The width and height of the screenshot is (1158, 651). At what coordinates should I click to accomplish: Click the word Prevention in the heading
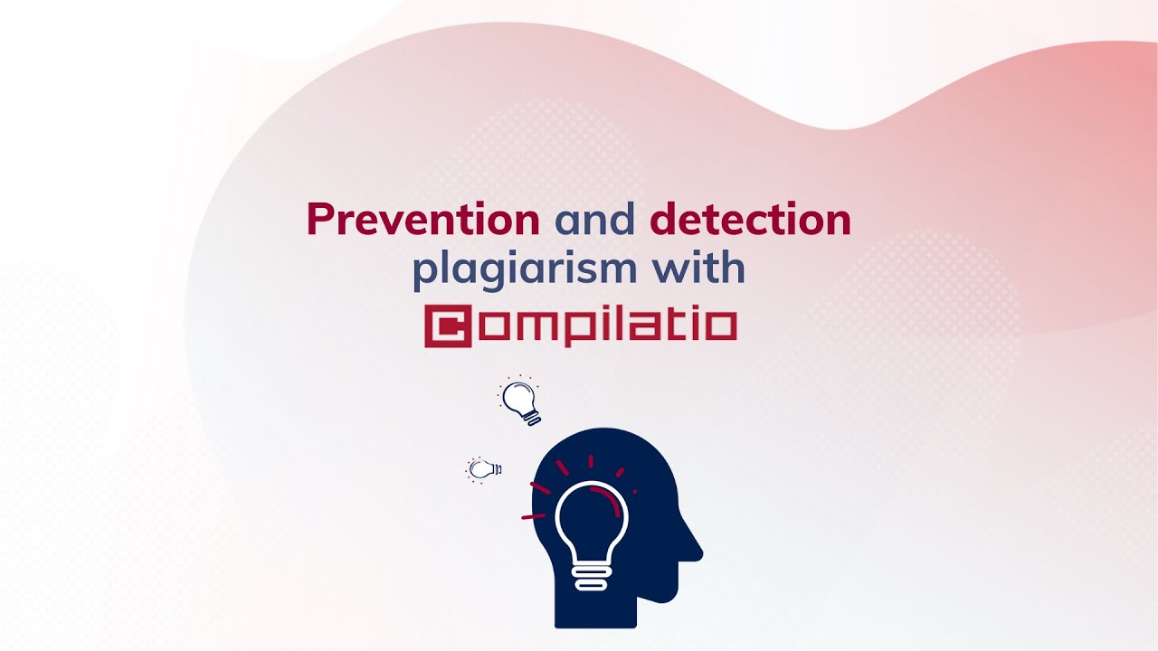[422, 220]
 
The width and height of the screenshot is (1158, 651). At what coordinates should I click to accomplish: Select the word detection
[750, 220]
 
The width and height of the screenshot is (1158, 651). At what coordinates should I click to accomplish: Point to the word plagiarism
[509, 270]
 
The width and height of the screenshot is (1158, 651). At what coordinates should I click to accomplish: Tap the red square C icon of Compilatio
[449, 326]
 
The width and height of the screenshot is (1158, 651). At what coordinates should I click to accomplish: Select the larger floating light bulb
[522, 401]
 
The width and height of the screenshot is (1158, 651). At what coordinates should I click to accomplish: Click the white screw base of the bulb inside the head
[591, 577]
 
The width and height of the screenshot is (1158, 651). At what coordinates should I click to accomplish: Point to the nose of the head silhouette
[696, 547]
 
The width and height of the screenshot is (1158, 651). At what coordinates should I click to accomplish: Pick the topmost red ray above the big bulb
[591, 461]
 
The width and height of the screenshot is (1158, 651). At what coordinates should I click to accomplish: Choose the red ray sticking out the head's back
[533, 516]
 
